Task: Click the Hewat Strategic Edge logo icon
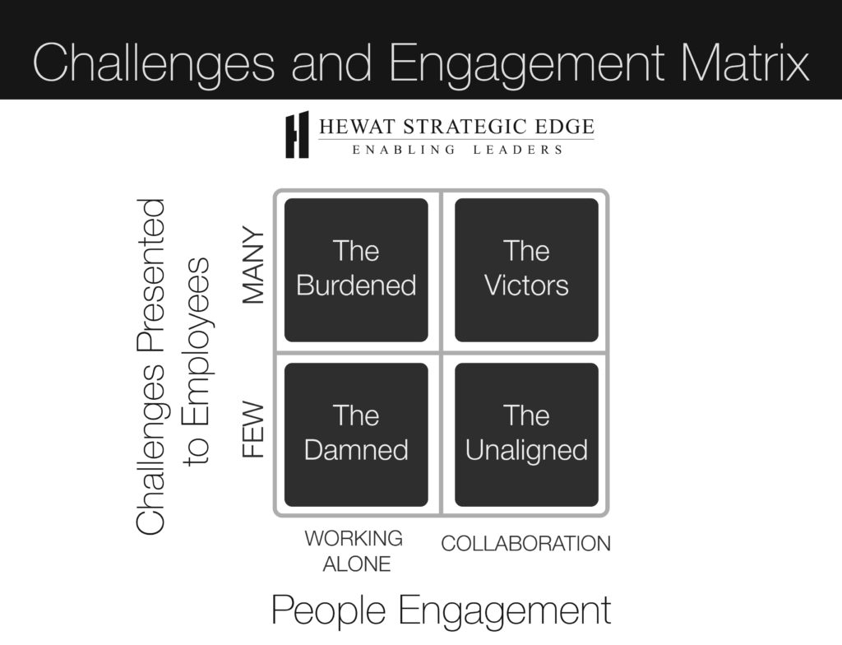297,134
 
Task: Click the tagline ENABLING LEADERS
457,150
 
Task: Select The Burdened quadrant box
356,269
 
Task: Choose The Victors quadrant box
526,269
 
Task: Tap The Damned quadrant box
356,434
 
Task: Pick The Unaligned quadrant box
526,434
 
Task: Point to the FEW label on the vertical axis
254,429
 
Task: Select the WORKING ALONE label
354,550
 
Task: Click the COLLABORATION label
526,543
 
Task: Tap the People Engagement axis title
441,610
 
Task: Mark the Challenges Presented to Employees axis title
173,366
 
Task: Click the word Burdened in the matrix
356,285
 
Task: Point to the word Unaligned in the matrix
526,450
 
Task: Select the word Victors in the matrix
526,285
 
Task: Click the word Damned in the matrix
356,450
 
